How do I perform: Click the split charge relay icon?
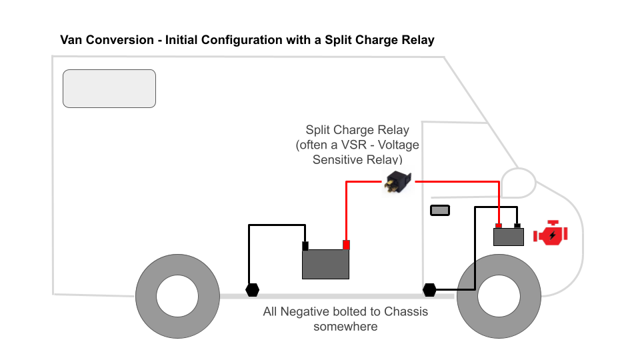[x=399, y=182]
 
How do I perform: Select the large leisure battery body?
[x=325, y=264]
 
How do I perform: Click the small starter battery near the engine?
[x=508, y=237]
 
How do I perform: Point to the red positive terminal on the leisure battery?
[x=346, y=245]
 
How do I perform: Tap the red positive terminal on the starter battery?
[x=499, y=225]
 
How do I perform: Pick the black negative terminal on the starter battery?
[x=517, y=225]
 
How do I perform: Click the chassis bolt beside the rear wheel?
[x=252, y=290]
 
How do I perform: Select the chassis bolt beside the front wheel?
[x=429, y=290]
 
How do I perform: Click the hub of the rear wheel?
[x=177, y=295]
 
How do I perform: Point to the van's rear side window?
[x=109, y=89]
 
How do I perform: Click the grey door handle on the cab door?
[x=439, y=211]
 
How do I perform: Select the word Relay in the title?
[x=417, y=40]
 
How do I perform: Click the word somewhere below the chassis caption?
[x=345, y=326]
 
